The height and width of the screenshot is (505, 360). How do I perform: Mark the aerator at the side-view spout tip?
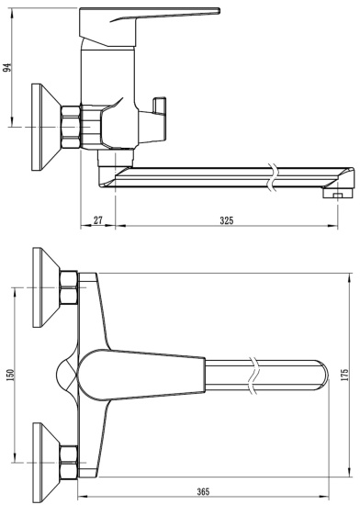337,193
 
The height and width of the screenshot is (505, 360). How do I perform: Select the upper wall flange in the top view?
41,287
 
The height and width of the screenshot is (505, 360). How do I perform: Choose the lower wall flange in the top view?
41,454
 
